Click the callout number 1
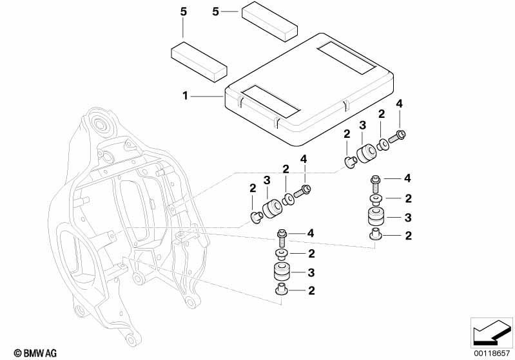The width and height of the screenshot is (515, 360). (x=184, y=95)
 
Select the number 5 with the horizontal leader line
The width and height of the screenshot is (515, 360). (x=216, y=10)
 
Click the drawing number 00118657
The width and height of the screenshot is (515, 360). (x=493, y=353)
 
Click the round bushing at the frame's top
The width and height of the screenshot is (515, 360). (x=99, y=123)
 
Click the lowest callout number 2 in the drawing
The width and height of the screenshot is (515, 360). (x=312, y=292)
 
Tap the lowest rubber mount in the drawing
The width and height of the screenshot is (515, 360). (x=282, y=271)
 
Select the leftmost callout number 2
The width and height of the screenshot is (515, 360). (x=252, y=189)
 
